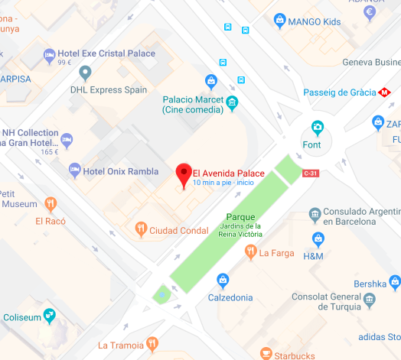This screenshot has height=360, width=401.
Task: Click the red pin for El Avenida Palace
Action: click(x=184, y=174)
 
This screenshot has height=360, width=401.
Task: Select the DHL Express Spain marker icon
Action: click(x=85, y=73)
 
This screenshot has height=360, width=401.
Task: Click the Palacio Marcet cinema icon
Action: click(x=232, y=101)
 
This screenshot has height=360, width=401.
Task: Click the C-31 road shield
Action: click(x=310, y=174)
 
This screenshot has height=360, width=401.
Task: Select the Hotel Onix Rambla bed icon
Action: click(x=74, y=168)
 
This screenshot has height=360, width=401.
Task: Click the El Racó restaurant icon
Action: click(x=51, y=203)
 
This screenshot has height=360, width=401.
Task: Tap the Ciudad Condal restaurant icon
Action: click(x=141, y=229)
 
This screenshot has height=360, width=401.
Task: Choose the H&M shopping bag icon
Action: click(x=318, y=240)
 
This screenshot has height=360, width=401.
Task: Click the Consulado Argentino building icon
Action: click(x=314, y=212)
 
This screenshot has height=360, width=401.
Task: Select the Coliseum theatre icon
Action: click(x=49, y=314)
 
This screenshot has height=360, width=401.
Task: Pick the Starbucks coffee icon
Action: click(x=266, y=354)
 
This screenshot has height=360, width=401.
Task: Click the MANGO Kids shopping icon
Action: click(x=279, y=20)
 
